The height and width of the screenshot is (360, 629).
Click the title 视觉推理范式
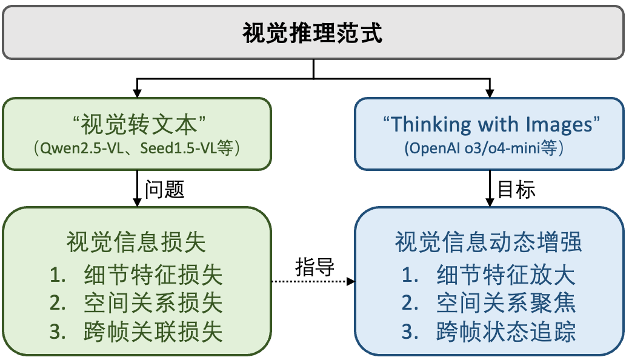click(313, 33)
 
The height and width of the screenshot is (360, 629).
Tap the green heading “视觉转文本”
click(139, 124)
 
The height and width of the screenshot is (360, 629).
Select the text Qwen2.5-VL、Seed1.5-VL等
click(137, 148)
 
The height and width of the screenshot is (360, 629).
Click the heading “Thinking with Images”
click(491, 124)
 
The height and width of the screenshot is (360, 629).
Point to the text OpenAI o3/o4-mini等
click(484, 148)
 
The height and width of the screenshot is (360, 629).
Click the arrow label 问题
click(164, 189)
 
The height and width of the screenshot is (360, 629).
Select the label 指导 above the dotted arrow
click(314, 267)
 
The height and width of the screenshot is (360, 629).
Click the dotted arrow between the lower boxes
click(313, 281)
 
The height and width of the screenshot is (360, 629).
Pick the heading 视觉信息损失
click(136, 242)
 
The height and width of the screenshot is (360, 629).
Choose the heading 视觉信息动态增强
click(488, 242)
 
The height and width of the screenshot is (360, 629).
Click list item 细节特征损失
click(153, 275)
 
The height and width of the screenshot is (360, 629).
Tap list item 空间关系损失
click(153, 303)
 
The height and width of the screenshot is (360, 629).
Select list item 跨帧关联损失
click(153, 332)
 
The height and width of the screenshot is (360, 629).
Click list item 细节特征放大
click(506, 275)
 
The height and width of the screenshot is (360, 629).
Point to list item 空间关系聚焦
click(506, 303)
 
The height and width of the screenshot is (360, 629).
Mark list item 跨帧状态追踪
click(506, 332)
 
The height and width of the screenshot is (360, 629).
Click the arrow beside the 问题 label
click(137, 188)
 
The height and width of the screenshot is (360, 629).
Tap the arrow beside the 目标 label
click(490, 188)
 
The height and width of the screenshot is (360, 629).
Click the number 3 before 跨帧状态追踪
click(408, 332)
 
